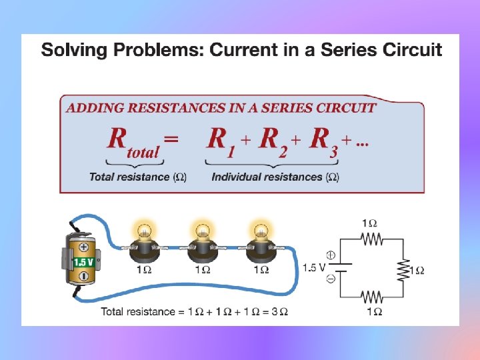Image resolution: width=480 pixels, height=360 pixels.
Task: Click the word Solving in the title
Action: click(72, 50)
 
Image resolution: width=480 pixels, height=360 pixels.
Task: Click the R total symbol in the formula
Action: click(133, 141)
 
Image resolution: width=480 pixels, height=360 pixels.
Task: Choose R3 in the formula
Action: click(323, 141)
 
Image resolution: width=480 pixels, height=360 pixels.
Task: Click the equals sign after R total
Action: click(171, 139)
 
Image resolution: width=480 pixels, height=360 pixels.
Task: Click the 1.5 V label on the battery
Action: click(83, 262)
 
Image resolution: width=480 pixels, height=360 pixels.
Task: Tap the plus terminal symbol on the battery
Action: click(85, 247)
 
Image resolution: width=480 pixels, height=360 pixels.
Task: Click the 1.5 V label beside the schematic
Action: click(313, 268)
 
